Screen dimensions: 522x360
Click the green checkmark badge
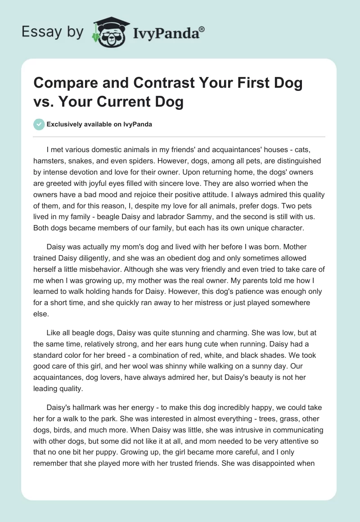tap(39, 124)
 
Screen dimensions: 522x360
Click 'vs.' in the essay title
tap(44, 102)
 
